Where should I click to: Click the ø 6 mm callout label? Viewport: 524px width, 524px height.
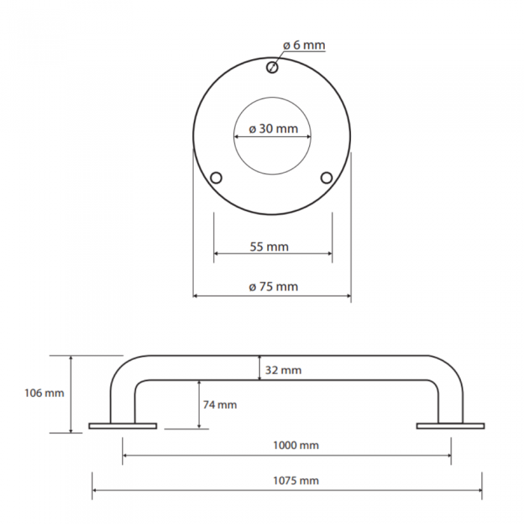pyautogui.click(x=304, y=45)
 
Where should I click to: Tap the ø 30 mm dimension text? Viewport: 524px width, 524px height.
pyautogui.click(x=273, y=129)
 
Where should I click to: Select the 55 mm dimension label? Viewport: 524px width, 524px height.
pyautogui.click(x=269, y=247)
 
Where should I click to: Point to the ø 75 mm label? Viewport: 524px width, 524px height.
pyautogui.click(x=273, y=287)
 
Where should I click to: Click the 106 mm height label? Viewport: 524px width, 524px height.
pyautogui.click(x=44, y=393)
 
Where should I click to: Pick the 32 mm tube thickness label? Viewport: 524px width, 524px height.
pyautogui.click(x=284, y=371)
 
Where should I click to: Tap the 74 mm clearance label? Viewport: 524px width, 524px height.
pyautogui.click(x=220, y=405)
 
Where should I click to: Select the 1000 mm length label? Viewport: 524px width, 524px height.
pyautogui.click(x=296, y=445)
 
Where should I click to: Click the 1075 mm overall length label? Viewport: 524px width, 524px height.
pyautogui.click(x=296, y=481)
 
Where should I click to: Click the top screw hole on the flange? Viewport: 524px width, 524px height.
pyautogui.click(x=272, y=68)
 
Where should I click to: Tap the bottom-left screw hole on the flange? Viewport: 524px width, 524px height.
pyautogui.click(x=216, y=177)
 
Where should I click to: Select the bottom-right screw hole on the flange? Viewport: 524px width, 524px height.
pyautogui.click(x=326, y=177)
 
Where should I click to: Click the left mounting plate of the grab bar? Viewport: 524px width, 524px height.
pyautogui.click(x=123, y=426)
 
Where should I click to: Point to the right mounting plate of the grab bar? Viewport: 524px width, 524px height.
pyautogui.click(x=451, y=426)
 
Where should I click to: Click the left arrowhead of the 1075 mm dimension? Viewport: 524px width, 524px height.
pyautogui.click(x=94, y=490)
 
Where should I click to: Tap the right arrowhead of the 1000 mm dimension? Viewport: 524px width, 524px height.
pyautogui.click(x=448, y=455)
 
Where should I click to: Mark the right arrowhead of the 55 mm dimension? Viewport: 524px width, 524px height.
pyautogui.click(x=330, y=253)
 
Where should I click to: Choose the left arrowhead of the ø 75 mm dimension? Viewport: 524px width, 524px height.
pyautogui.click(x=196, y=296)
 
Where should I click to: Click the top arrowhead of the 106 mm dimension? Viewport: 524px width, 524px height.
pyautogui.click(x=71, y=359)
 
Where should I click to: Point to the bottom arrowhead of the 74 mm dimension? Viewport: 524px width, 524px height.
pyautogui.click(x=199, y=427)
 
